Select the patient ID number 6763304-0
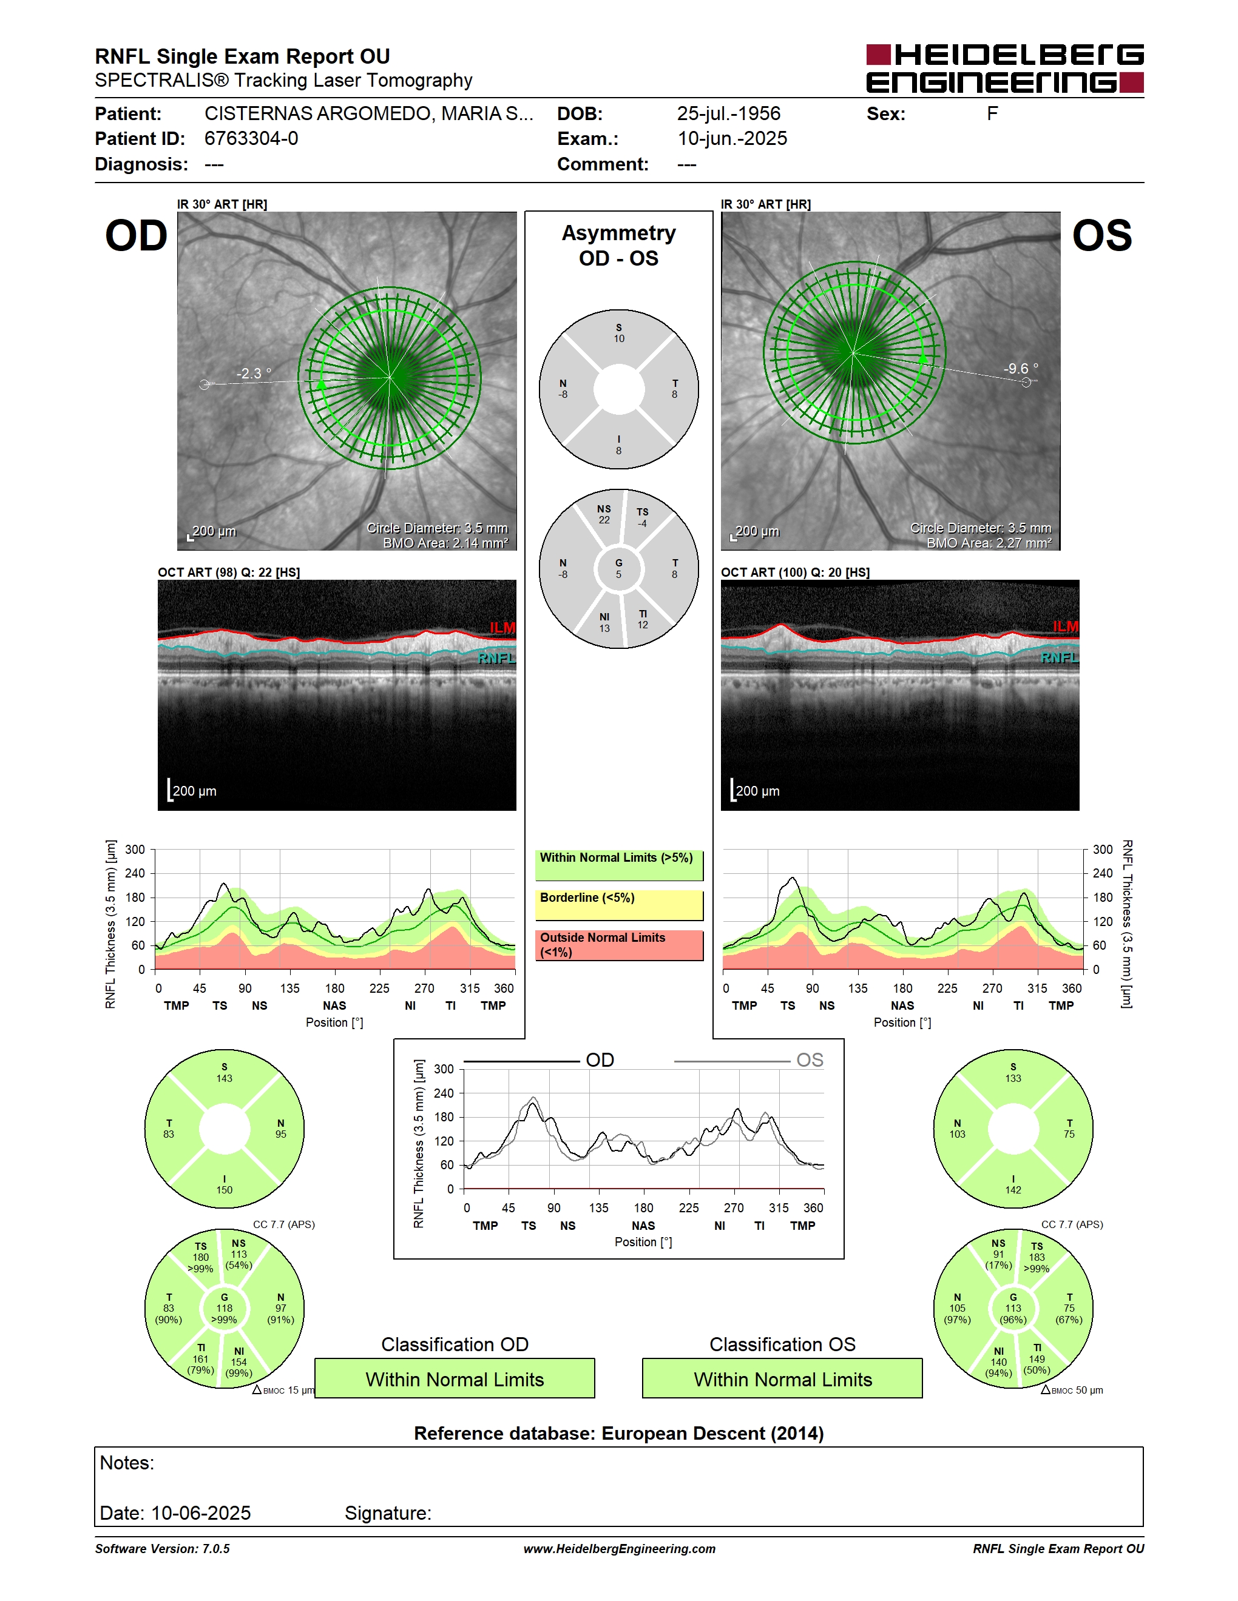[251, 138]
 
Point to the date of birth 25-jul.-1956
[728, 113]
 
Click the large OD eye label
[137, 236]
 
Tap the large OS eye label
[1101, 236]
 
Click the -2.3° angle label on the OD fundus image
[254, 373]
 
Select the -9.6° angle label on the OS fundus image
[1021, 368]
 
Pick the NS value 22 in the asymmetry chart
[604, 520]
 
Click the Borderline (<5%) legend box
[619, 905]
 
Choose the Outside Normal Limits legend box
[619, 945]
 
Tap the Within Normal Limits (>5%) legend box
[619, 865]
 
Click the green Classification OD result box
[455, 1378]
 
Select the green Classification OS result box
[783, 1378]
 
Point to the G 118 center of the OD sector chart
[225, 1309]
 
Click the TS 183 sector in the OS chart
[1037, 1257]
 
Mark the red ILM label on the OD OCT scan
[502, 628]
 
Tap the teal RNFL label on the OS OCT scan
[1059, 657]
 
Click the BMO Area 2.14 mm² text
[445, 543]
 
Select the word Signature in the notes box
[388, 1513]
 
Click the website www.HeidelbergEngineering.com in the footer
[619, 1549]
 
